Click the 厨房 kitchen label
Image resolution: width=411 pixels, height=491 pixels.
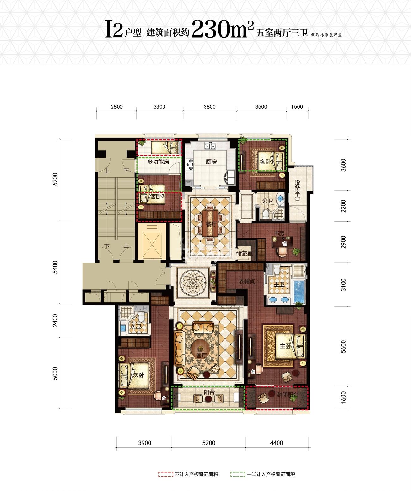[211, 162]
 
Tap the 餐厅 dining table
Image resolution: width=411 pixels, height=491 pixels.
[210, 223]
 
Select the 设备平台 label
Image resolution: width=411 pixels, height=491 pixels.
[298, 191]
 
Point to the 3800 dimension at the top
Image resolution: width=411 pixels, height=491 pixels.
[209, 107]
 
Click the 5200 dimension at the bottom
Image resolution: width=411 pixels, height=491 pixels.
[208, 443]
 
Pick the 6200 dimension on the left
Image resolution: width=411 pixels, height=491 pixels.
[55, 179]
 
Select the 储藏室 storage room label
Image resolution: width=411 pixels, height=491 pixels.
[244, 253]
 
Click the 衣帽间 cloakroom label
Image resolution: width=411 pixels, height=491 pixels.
[247, 281]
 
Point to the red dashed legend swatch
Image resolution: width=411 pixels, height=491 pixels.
[166, 474]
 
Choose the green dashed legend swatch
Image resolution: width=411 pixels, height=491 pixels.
[238, 474]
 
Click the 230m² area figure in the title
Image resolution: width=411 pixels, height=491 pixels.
[223, 29]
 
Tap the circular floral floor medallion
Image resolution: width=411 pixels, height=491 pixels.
[193, 282]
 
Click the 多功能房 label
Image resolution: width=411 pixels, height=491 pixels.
[158, 162]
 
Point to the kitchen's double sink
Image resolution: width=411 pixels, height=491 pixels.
[210, 146]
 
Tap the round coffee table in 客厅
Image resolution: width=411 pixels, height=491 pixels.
[200, 348]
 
